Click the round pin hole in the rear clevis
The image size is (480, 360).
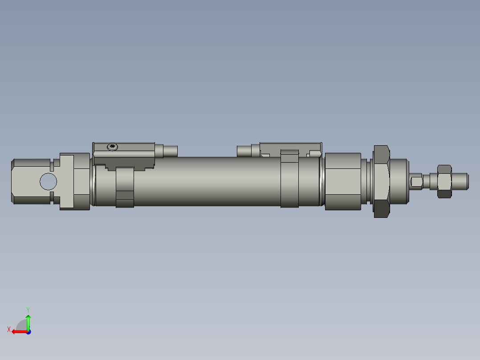49,181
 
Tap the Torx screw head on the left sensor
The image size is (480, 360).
113,147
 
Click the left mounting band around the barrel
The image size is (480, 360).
125,187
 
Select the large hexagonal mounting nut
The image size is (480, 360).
382,181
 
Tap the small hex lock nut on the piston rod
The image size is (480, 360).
444,181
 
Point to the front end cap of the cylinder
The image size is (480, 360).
343,181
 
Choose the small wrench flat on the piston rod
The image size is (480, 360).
416,181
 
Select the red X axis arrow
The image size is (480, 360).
18,331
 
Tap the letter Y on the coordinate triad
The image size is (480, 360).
28,309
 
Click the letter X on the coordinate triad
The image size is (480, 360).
9,329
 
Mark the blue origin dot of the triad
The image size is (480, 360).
28,331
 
